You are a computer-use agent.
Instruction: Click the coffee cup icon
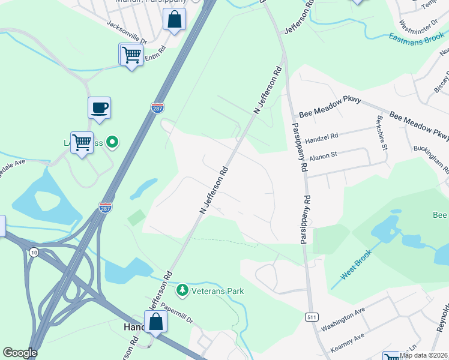tap(100, 108)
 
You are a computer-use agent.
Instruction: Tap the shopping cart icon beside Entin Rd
tap(131, 55)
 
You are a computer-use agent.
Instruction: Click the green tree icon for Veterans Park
tap(182, 291)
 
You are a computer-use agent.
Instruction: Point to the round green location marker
tap(112, 142)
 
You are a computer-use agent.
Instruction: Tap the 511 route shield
tap(310, 317)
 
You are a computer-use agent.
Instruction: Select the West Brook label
tap(357, 264)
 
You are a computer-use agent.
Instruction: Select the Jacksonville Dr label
tap(126, 33)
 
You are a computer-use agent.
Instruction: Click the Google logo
tap(20, 353)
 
